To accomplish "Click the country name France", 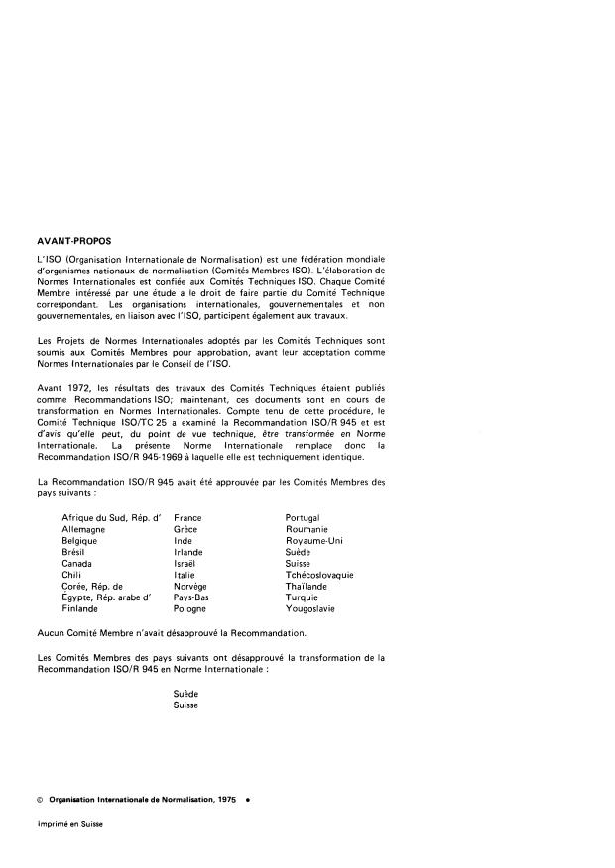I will click(187, 518).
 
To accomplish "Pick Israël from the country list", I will click(185, 564).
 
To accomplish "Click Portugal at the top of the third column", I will click(304, 518).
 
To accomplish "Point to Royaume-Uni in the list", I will click(314, 541).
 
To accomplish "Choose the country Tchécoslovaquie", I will click(319, 576).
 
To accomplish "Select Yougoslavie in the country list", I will click(311, 609).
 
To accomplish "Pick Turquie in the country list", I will click(303, 598).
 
